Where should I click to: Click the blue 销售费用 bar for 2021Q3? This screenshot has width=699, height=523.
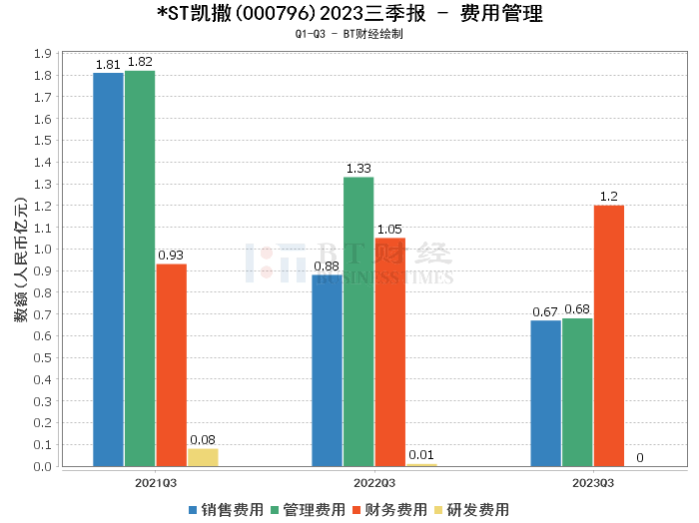click(108, 269)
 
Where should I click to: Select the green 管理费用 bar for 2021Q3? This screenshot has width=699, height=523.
click(140, 268)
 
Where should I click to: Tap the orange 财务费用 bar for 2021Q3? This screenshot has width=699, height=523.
click(171, 364)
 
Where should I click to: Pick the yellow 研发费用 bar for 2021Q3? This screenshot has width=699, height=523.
click(203, 457)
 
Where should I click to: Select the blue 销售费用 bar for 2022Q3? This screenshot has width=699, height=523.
click(327, 370)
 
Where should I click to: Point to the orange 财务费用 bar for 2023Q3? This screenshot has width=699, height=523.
click(608, 335)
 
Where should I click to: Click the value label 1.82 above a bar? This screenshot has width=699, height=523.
click(140, 63)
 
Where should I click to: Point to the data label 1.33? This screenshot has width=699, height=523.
click(358, 170)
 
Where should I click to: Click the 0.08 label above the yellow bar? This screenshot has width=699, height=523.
click(203, 440)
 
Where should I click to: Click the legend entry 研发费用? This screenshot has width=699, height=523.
click(470, 509)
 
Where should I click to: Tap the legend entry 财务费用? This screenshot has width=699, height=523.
click(388, 509)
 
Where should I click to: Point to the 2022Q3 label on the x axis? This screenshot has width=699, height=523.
click(358, 482)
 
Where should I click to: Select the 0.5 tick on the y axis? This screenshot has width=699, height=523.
click(44, 357)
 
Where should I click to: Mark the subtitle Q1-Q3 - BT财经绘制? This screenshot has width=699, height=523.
click(349, 34)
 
